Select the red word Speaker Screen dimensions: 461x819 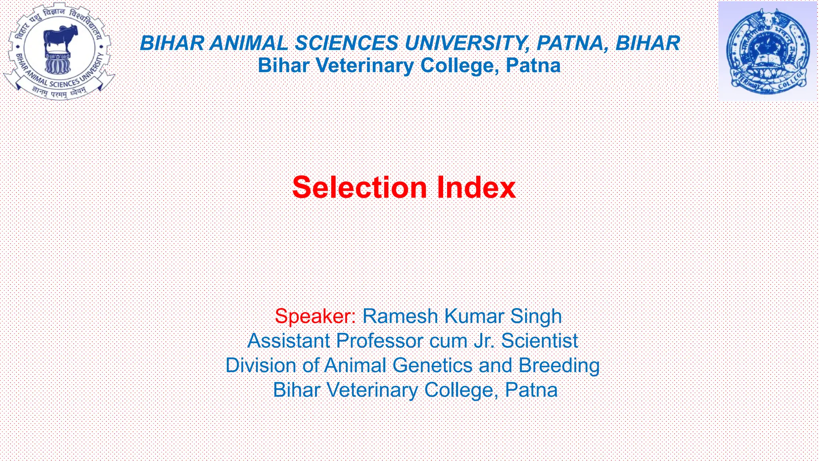click(314, 316)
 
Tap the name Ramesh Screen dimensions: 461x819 click(400, 316)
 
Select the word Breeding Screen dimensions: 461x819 click(559, 365)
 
